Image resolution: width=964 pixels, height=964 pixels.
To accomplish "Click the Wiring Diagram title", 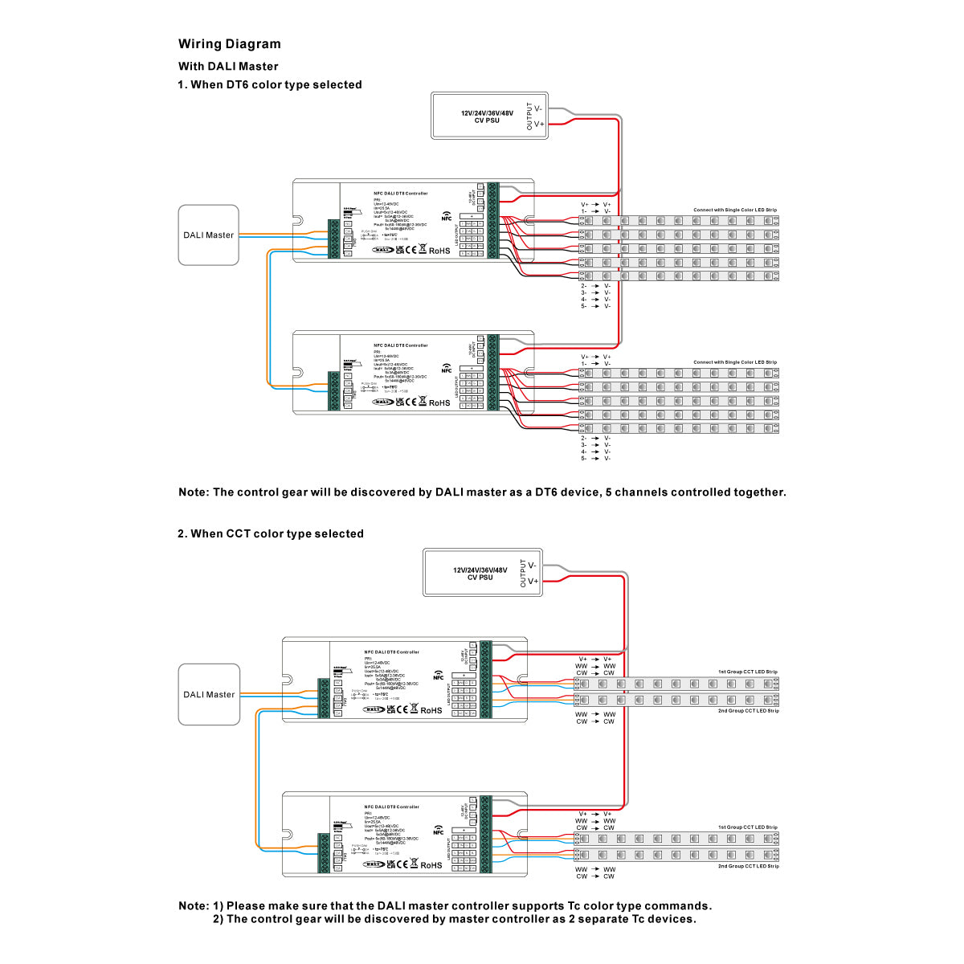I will click(230, 44).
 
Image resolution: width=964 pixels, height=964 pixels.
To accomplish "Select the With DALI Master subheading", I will click(228, 67).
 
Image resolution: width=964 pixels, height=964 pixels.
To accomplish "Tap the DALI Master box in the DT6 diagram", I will click(208, 235).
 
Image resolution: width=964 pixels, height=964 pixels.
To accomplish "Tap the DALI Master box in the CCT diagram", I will click(209, 695).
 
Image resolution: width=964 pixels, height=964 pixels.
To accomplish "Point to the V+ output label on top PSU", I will click(539, 125).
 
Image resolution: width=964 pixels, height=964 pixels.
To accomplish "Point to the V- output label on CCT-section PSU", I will click(533, 566).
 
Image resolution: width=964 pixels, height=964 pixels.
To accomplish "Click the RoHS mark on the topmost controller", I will click(439, 251).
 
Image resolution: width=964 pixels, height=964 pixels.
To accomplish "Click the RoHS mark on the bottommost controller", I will click(431, 865).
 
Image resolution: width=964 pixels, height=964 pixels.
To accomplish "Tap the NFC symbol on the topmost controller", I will click(447, 216).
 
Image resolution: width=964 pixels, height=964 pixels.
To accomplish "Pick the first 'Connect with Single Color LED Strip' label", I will click(735, 210).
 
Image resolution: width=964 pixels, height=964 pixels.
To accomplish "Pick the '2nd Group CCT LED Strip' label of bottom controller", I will click(748, 866).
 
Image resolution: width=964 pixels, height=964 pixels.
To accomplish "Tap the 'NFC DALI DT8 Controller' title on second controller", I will click(401, 345).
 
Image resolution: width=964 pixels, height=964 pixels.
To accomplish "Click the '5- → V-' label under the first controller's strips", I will click(595, 306).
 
